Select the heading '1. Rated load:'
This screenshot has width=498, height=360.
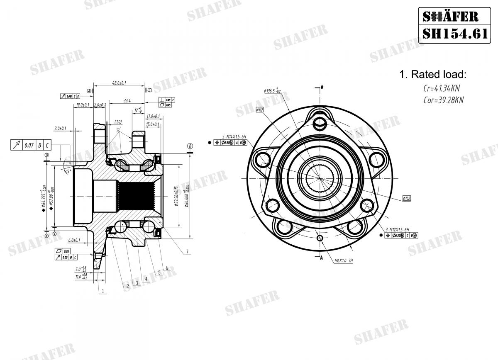[433, 75]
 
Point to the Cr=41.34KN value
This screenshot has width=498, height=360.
[441, 88]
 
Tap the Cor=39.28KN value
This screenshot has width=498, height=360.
[443, 100]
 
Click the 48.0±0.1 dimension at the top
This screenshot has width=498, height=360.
[120, 83]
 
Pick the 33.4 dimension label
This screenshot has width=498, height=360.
[127, 100]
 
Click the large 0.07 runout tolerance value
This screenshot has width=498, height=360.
[29, 145]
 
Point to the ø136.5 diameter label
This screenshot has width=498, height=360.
[272, 90]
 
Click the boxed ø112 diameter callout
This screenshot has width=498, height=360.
[259, 110]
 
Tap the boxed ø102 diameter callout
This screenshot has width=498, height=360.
[406, 198]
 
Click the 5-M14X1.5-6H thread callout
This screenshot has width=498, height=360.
[234, 136]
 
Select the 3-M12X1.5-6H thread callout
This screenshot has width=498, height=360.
[397, 229]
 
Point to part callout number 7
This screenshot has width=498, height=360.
[187, 251]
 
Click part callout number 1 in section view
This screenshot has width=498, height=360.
[103, 291]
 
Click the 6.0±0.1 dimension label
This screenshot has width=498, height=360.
[74, 240]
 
